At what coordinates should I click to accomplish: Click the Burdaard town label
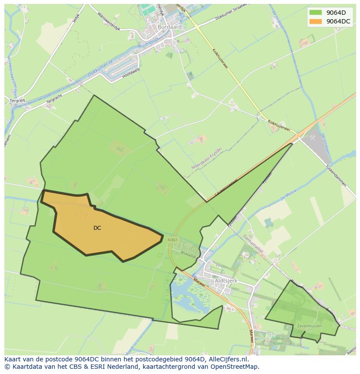170,26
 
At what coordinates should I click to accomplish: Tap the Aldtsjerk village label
226,281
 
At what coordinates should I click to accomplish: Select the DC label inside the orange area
97,228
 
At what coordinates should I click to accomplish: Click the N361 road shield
173,240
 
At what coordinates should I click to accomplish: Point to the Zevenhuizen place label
309,325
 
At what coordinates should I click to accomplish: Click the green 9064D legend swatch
316,13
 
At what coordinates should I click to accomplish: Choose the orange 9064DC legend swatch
316,21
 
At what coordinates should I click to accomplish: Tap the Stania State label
277,340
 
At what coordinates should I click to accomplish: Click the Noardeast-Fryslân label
207,158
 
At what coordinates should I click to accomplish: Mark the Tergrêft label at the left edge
18,100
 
